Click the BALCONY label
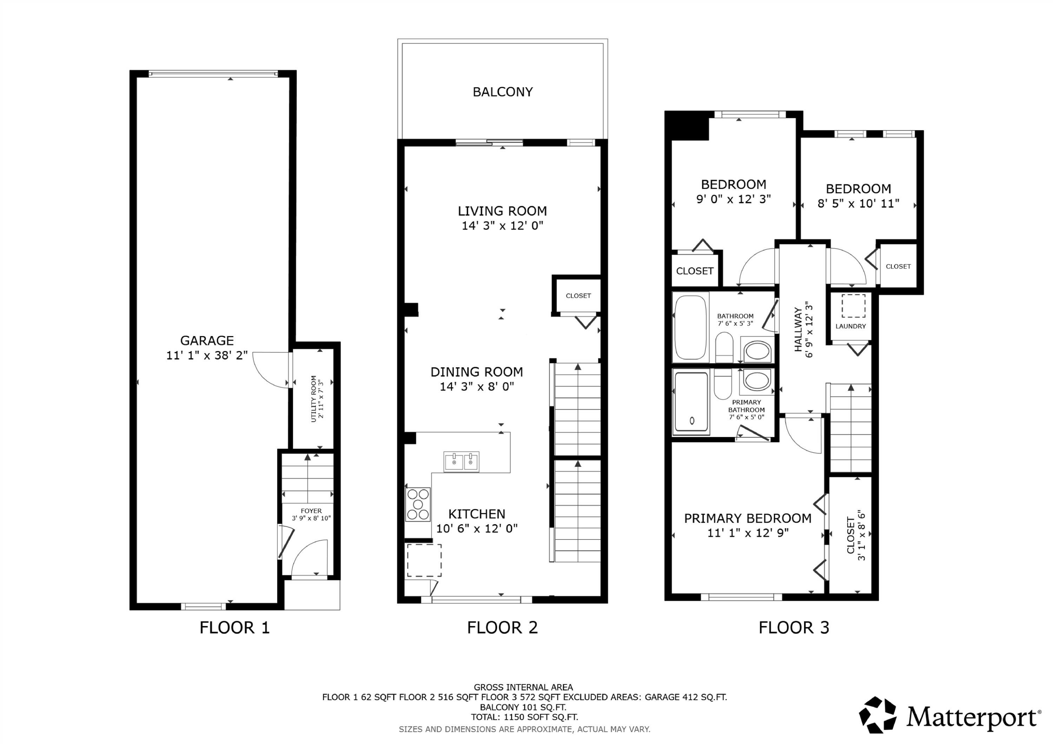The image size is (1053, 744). tap(503, 92)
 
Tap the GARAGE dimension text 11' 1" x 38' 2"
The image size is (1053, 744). tap(207, 355)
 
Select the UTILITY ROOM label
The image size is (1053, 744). tap(314, 399)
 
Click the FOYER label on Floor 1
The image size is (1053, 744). tap(311, 511)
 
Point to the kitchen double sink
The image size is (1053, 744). tap(461, 462)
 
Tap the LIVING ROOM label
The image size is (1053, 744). tap(503, 211)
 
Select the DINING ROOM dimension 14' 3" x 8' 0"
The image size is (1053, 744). tap(477, 387)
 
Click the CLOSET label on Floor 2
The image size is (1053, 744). tap(578, 296)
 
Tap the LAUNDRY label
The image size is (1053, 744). tap(851, 326)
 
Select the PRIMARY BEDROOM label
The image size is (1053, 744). tap(748, 518)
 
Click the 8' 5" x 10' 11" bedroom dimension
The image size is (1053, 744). tap(859, 203)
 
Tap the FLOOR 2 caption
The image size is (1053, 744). tap(502, 628)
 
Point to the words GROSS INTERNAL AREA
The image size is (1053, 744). tap(523, 687)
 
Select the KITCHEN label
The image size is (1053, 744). tap(477, 514)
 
